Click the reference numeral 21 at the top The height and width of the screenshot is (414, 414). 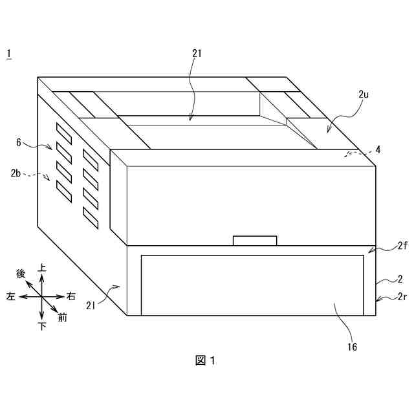click(197, 54)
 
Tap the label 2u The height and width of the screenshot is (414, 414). click(364, 94)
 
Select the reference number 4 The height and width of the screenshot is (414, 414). click(378, 149)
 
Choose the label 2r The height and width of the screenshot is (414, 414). click(401, 297)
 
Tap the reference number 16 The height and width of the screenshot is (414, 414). click(352, 347)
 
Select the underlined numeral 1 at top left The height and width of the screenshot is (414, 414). click(8, 54)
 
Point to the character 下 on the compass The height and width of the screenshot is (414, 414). click(43, 326)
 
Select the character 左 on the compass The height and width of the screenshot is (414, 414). click(10, 296)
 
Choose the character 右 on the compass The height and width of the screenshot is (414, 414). click(71, 296)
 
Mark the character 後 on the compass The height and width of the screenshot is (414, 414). click(21, 274)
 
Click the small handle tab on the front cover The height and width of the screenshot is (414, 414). click(255, 241)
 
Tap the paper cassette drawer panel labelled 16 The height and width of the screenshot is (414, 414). click(252, 285)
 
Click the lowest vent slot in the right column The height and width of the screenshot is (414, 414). click(90, 218)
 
